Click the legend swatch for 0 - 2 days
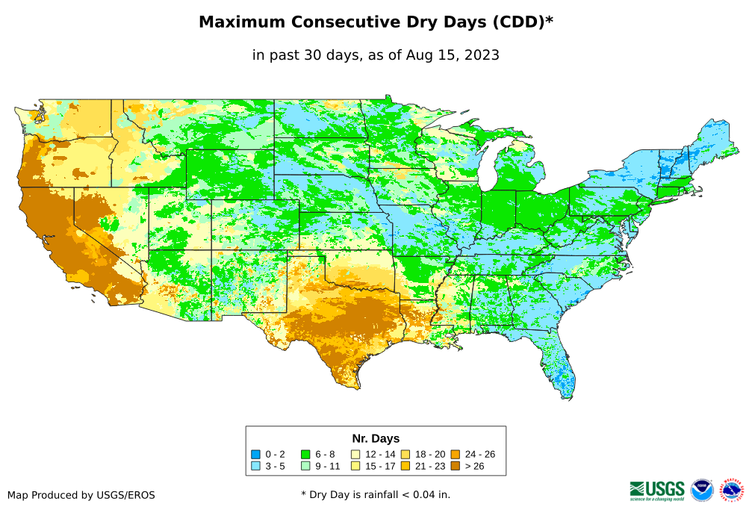click(255, 454)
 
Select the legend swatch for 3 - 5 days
click(255, 466)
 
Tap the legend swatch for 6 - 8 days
click(305, 454)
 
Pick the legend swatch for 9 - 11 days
click(305, 466)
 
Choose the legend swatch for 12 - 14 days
click(355, 454)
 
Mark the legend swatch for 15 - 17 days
click(355, 466)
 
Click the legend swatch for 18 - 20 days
click(405, 454)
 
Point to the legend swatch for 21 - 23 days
click(405, 466)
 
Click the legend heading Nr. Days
click(376, 438)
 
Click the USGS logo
click(657, 490)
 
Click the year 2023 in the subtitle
click(482, 55)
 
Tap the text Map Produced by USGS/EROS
click(81, 495)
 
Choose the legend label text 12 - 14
click(380, 454)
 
